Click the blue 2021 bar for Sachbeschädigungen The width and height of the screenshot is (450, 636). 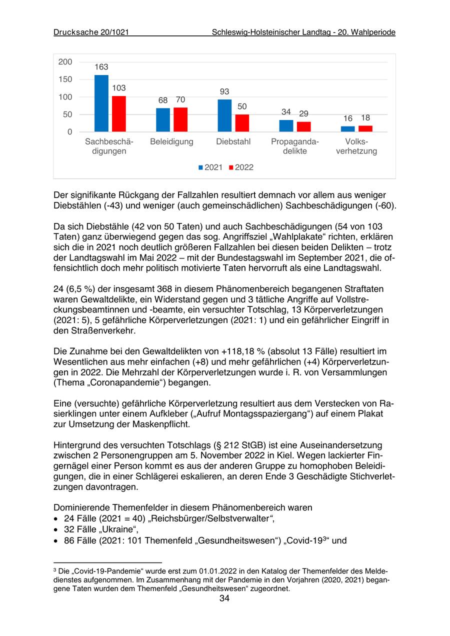(x=101, y=103)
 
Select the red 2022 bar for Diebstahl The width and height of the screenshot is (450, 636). (x=242, y=123)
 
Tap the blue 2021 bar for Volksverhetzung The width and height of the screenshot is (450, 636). (x=348, y=129)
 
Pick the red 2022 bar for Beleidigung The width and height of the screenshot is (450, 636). (x=180, y=119)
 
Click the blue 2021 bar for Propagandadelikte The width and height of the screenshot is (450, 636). (x=286, y=126)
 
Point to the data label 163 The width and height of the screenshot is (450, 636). (x=101, y=67)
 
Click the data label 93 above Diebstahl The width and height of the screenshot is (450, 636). (x=224, y=91)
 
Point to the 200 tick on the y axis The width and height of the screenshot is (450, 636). (x=65, y=62)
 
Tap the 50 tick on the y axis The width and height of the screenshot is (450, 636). (x=67, y=114)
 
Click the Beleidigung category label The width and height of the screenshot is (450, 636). (x=171, y=142)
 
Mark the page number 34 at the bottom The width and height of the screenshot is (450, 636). (x=224, y=598)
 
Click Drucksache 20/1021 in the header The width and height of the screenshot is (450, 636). (x=91, y=32)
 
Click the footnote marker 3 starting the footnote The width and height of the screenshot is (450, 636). (x=55, y=569)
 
